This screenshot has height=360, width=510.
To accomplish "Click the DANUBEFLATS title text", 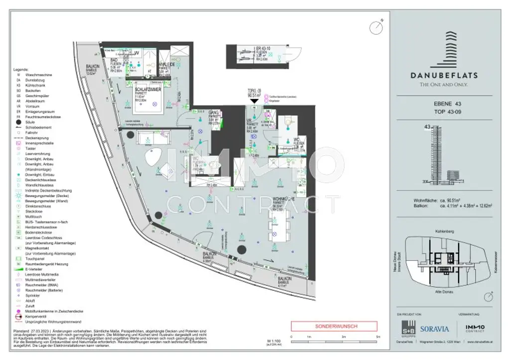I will pyautogui.click(x=444, y=76).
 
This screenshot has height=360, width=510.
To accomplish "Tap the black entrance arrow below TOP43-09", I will pyautogui.click(x=255, y=101).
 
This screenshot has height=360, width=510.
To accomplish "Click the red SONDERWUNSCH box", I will pyautogui.click(x=332, y=327).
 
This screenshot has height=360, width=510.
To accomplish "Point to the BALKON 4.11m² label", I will pyautogui.click(x=284, y=279).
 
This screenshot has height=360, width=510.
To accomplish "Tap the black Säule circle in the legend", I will pyautogui.click(x=18, y=122).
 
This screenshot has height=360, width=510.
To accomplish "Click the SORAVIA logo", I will pyautogui.click(x=434, y=329).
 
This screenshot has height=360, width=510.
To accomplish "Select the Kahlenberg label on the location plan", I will pyautogui.click(x=443, y=232).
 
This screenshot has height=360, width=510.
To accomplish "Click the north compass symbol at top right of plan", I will pyautogui.click(x=377, y=25).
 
